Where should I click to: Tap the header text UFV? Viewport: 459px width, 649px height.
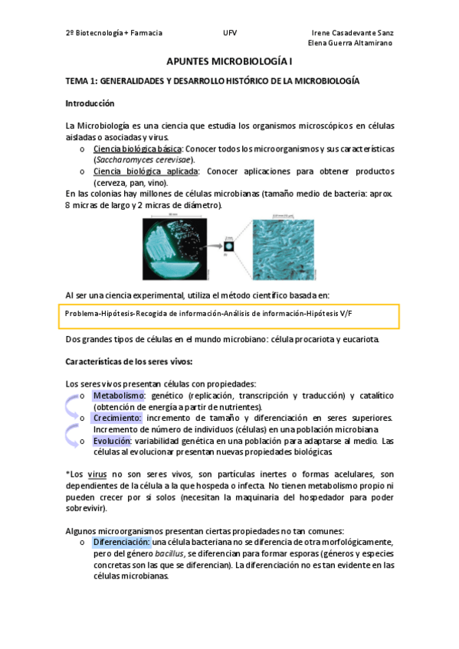tap(230, 34)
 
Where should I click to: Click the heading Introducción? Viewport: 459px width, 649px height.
tap(90, 103)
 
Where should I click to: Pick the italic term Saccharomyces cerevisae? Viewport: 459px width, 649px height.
tap(143, 160)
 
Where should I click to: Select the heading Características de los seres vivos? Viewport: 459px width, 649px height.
tap(128, 361)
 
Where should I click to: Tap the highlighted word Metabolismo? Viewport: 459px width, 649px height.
tap(119, 396)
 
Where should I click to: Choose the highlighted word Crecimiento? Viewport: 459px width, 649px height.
tap(117, 419)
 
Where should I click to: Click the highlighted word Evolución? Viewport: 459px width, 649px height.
tap(112, 442)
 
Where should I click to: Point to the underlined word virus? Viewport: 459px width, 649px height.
tap(97, 475)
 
